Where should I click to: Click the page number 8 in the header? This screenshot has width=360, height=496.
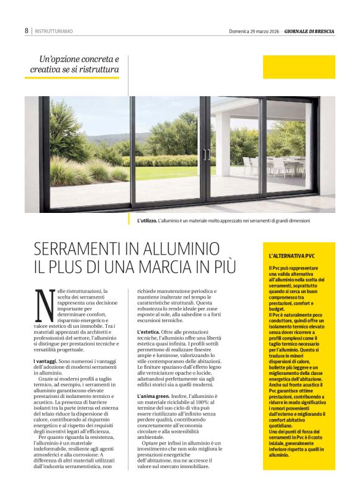(x=27, y=30)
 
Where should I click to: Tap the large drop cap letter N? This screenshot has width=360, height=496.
(x=43, y=305)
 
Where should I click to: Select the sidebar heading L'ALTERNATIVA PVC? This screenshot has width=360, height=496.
(x=292, y=256)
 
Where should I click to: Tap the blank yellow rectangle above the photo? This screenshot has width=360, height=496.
(x=299, y=66)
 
